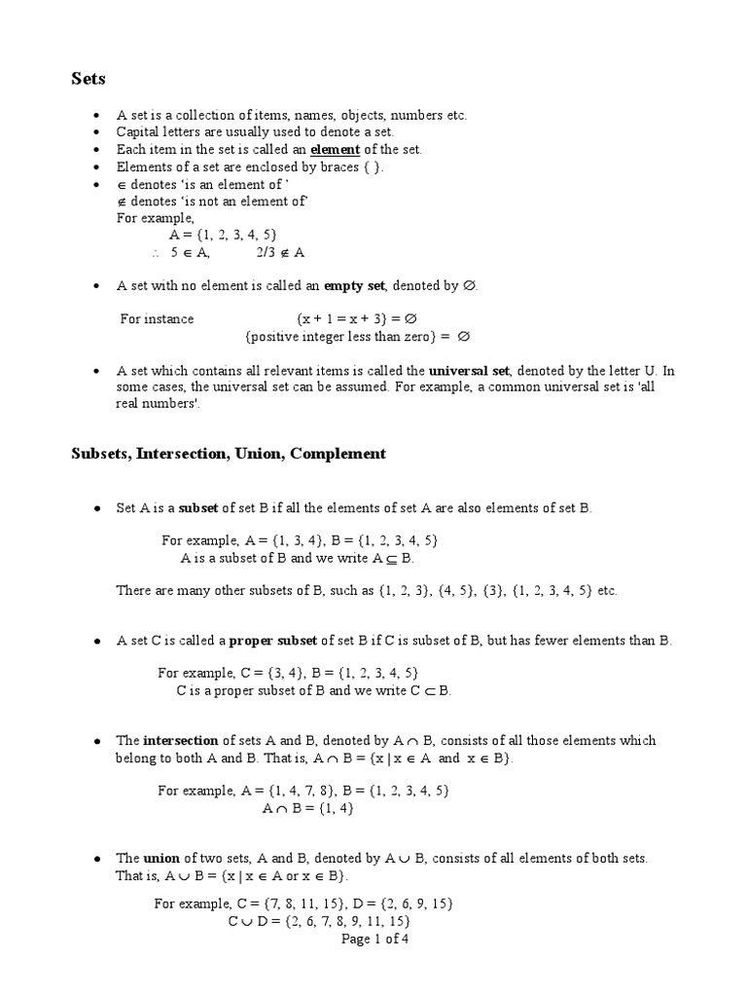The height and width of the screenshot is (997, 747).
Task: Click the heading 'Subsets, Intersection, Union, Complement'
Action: (229, 454)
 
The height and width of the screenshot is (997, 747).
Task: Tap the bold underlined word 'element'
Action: (335, 150)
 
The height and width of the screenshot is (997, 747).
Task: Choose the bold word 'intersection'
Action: (182, 741)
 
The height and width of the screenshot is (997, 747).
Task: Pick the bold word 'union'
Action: (161, 858)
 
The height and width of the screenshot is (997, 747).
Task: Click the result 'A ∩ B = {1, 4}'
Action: (308, 807)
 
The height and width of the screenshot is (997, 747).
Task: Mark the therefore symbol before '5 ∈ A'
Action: (155, 253)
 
